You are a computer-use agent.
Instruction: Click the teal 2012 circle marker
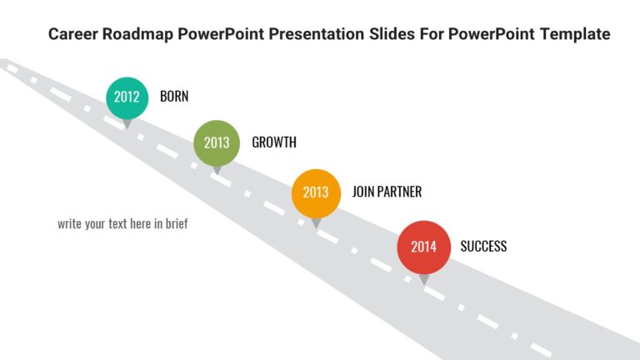127,97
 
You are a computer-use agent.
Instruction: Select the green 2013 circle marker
217,142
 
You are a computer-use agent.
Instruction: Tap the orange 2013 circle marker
316,192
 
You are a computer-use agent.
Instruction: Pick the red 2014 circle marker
423,247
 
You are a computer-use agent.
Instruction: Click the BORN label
174,97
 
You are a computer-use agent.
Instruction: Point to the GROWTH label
274,142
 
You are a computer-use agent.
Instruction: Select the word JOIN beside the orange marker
364,192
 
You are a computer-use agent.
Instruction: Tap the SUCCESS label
483,247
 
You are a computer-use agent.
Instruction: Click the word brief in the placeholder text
175,224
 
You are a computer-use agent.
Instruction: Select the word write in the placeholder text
70,224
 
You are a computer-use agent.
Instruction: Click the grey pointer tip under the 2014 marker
424,281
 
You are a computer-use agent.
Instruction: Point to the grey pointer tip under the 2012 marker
127,123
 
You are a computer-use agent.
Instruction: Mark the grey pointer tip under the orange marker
316,223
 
